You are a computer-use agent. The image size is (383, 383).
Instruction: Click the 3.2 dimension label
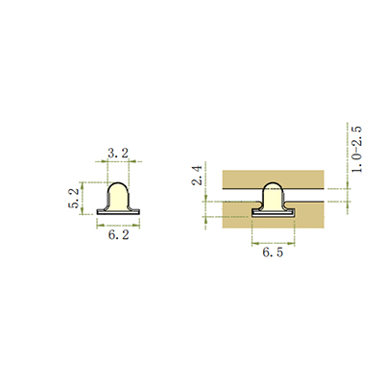point(118,153)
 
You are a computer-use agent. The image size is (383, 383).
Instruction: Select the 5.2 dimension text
point(73,199)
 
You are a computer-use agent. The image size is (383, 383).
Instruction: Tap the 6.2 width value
point(118,235)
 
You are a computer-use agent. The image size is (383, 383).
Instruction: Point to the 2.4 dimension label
point(197,176)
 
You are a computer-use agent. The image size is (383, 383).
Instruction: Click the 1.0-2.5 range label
point(357,150)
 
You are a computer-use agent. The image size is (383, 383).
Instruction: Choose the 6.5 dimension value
point(273,252)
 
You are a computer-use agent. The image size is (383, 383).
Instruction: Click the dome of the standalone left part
point(118,195)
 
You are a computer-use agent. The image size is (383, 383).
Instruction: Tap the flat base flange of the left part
point(118,212)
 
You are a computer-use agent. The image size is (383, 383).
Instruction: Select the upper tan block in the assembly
point(274,180)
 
